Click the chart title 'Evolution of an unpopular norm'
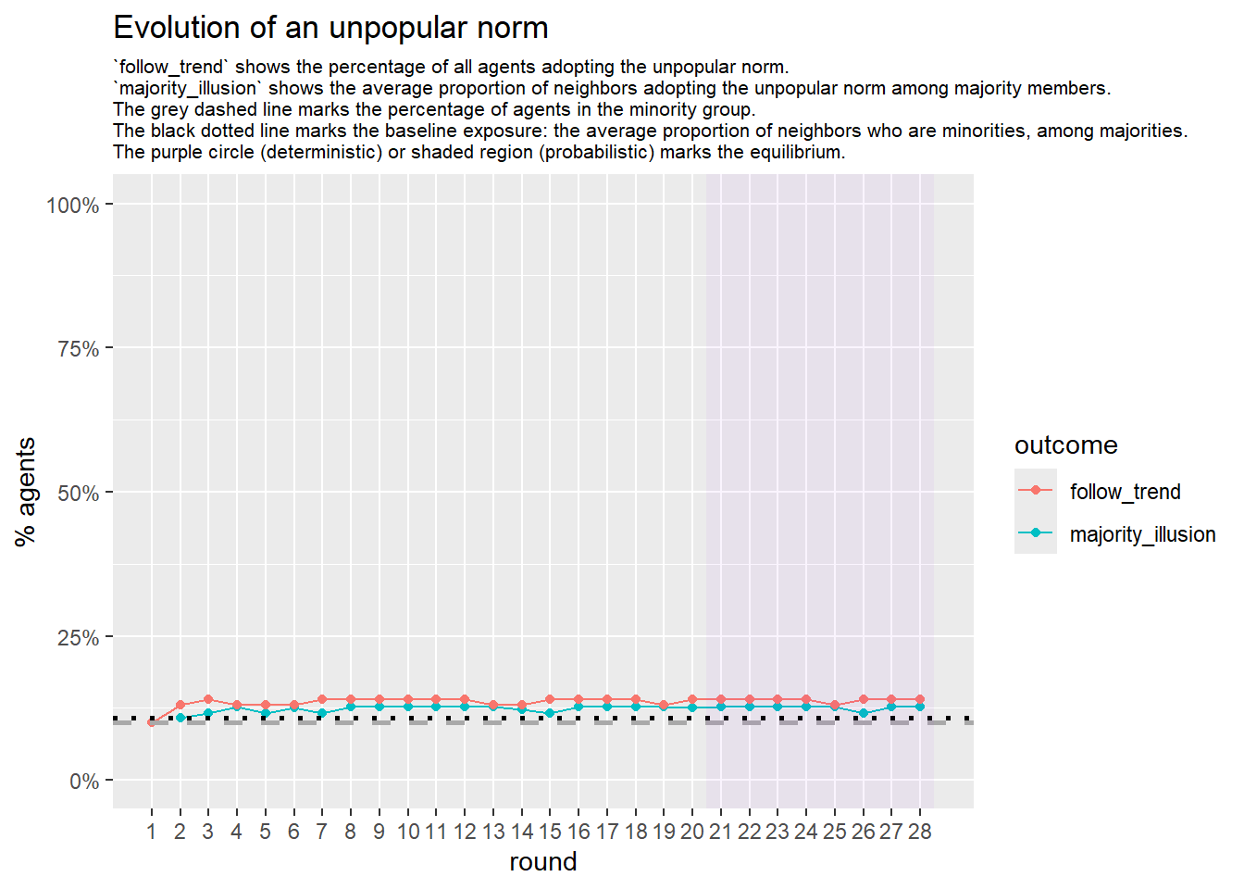click(x=330, y=28)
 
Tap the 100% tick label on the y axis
click(x=73, y=206)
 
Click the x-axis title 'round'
click(x=542, y=862)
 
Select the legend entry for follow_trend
click(x=1125, y=492)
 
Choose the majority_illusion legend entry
click(x=1142, y=534)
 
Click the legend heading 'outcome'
click(x=1065, y=445)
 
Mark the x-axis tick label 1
click(x=152, y=832)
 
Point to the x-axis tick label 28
click(x=919, y=832)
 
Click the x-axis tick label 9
click(x=379, y=832)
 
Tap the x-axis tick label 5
click(x=265, y=832)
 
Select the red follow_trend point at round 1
click(x=152, y=722)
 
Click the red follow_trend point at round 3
click(x=208, y=699)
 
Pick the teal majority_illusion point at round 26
click(x=863, y=713)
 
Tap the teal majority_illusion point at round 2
click(x=180, y=718)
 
